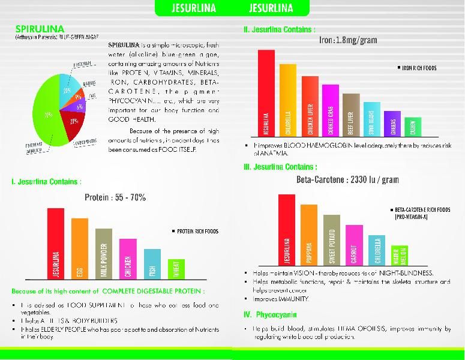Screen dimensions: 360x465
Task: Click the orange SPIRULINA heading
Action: [40, 29]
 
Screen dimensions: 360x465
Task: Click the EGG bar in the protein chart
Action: [79, 249]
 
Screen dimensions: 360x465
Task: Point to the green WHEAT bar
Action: [176, 269]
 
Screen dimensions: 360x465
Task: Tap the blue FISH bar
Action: [152, 264]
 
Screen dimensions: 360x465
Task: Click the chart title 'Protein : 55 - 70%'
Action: [115, 197]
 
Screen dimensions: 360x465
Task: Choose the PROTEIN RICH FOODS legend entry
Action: [196, 231]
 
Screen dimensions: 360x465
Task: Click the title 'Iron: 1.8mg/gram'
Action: [348, 40]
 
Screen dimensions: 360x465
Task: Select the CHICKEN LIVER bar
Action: [310, 106]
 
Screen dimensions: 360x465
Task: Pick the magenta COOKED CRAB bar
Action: [330, 110]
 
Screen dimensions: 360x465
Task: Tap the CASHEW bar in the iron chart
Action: [413, 126]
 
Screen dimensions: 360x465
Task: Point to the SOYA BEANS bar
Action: [371, 119]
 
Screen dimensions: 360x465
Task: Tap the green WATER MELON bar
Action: [399, 254]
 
